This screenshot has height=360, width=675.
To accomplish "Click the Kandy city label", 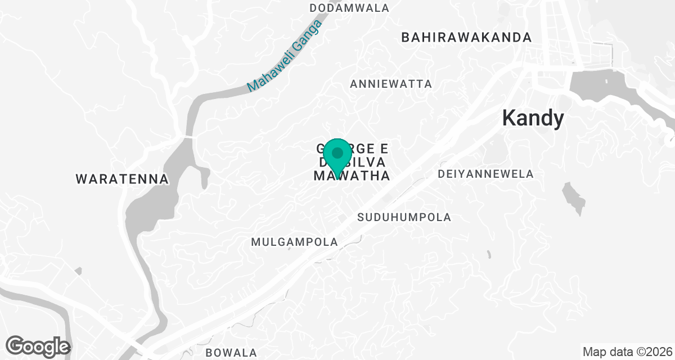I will click(x=532, y=118).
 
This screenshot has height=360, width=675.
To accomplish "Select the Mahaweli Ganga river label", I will click(x=283, y=56).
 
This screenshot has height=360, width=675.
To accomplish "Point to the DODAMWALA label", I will click(x=349, y=8).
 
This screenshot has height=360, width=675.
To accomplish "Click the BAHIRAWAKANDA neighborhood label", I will click(x=466, y=38).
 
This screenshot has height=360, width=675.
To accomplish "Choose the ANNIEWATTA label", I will click(x=391, y=84).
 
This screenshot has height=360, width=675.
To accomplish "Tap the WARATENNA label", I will click(x=122, y=179).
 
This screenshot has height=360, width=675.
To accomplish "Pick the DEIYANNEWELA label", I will click(x=485, y=174).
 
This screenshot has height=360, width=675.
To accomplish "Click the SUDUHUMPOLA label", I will click(x=404, y=217).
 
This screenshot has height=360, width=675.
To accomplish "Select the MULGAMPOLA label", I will click(x=295, y=242).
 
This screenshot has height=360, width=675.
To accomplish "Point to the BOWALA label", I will click(x=231, y=353).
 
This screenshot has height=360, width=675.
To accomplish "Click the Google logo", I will click(x=38, y=346).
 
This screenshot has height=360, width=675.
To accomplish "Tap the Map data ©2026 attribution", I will click(x=627, y=352).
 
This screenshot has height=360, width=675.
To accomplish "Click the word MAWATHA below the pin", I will click(x=351, y=175).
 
